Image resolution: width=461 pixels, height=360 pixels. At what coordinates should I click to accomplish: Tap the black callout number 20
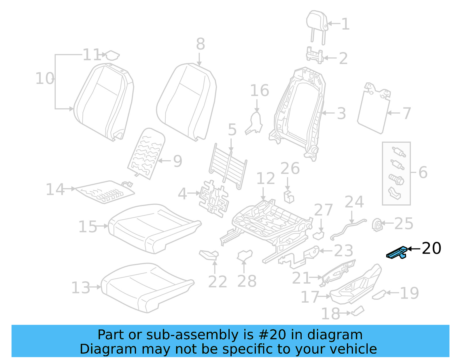pyautogui.click(x=431, y=248)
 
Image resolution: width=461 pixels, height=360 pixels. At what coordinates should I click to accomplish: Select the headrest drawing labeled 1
pyautogui.click(x=317, y=22)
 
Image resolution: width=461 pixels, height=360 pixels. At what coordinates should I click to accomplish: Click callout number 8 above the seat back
pyautogui.click(x=201, y=44)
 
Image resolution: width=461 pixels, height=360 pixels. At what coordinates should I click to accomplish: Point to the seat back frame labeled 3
pyautogui.click(x=300, y=112)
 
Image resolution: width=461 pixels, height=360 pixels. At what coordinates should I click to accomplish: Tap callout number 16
pyautogui.click(x=259, y=91)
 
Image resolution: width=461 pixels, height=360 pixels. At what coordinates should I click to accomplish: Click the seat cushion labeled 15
pyautogui.click(x=153, y=228)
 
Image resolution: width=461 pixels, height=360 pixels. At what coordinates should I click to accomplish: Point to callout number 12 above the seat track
pyautogui.click(x=265, y=179)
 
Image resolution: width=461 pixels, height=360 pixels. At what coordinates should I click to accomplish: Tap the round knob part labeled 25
pyautogui.click(x=377, y=225)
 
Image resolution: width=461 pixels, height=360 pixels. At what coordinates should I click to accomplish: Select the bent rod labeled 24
pyautogui.click(x=347, y=228)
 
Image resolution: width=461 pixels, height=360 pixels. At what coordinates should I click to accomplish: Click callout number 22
pyautogui.click(x=218, y=282)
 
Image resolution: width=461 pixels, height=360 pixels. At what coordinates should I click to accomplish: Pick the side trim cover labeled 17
pyautogui.click(x=356, y=285)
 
